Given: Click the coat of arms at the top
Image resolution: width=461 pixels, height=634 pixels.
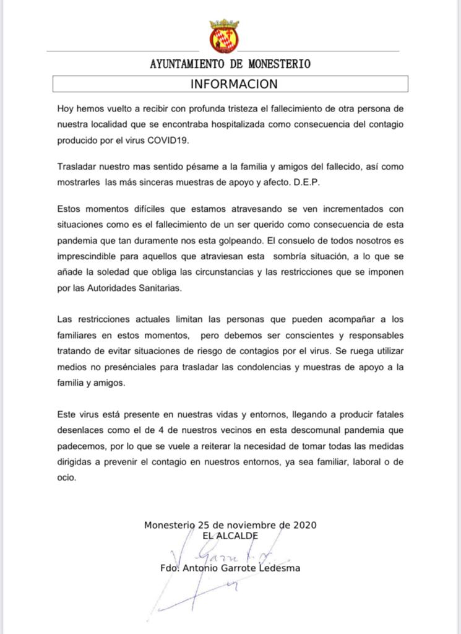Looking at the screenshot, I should [x=224, y=35].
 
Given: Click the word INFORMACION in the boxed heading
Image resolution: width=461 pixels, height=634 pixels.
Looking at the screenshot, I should [x=234, y=84].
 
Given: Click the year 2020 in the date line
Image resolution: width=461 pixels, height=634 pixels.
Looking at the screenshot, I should [x=304, y=525].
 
